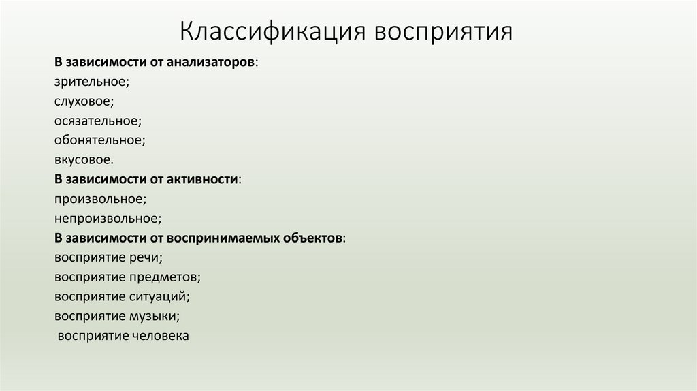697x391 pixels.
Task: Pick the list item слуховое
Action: pos(84,101)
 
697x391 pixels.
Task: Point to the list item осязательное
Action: pos(98,121)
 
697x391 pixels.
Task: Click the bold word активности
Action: pos(202,180)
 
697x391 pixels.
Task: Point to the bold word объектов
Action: pos(317,239)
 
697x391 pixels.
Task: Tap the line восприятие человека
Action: pos(123,337)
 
